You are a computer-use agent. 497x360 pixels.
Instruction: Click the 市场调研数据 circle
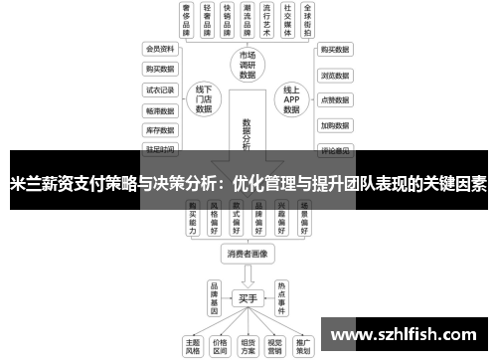pyautogui.click(x=247, y=62)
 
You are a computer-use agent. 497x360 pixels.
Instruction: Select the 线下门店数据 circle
pyautogui.click(x=205, y=99)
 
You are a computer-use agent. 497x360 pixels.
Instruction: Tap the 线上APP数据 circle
pyautogui.click(x=290, y=99)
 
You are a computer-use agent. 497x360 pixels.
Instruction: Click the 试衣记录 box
pyautogui.click(x=160, y=90)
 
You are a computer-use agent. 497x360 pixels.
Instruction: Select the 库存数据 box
pyautogui.click(x=160, y=130)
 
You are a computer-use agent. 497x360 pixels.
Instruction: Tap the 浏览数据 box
pyautogui.click(x=335, y=75)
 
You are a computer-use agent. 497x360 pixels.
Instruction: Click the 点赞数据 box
pyautogui.click(x=335, y=100)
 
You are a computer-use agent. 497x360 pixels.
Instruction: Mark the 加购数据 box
pyautogui.click(x=335, y=126)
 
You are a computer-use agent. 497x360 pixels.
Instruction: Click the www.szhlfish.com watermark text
pyautogui.click(x=402, y=335)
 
